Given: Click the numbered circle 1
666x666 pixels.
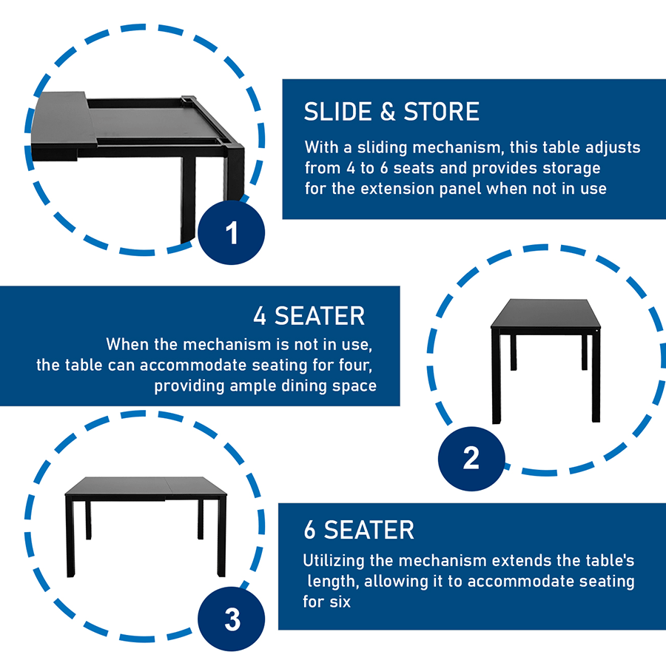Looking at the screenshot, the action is coord(232,232).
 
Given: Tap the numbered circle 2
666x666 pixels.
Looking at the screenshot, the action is coord(471,459).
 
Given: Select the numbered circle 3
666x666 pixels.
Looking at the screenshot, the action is coord(232,619).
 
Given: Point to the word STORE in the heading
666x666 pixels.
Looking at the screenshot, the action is coord(441,112).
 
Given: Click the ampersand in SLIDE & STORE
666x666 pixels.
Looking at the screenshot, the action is coord(388,112).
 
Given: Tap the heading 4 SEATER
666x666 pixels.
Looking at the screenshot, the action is coord(309,316).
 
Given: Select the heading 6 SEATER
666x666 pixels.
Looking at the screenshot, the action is coord(359,530).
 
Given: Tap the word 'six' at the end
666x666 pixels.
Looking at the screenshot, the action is coord(340,602).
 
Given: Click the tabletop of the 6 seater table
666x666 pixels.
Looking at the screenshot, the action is coord(146,486).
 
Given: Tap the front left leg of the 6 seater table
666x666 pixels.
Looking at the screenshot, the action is coord(70,538).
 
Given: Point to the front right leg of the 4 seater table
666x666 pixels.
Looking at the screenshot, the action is coord(596,377).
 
